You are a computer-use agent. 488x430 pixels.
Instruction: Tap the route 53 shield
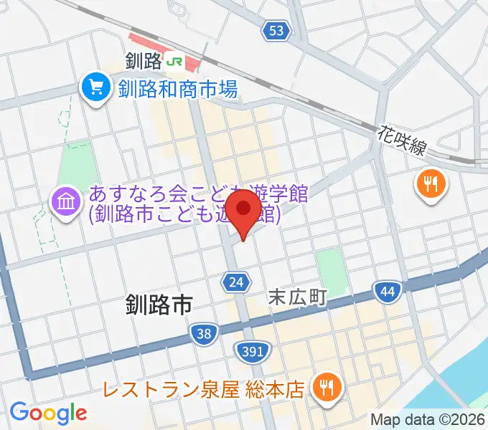pyautogui.click(x=277, y=31)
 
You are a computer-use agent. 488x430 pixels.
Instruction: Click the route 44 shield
pyautogui.click(x=385, y=290)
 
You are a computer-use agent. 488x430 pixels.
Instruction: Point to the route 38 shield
pyautogui.click(x=204, y=333)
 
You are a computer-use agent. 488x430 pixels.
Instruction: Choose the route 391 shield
pyautogui.click(x=253, y=350)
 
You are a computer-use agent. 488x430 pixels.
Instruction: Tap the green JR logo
pyautogui.click(x=174, y=62)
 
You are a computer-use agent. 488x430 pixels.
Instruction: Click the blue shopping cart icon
pyautogui.click(x=95, y=89)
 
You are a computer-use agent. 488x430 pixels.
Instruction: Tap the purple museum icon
pyautogui.click(x=65, y=204)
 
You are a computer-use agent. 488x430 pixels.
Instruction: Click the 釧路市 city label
pyautogui.click(x=159, y=306)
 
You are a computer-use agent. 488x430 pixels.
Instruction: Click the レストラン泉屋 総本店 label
pyautogui.click(x=202, y=390)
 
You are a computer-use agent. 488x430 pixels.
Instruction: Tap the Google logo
pyautogui.click(x=48, y=412)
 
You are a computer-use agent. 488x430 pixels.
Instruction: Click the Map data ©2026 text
pyautogui.click(x=427, y=419)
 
